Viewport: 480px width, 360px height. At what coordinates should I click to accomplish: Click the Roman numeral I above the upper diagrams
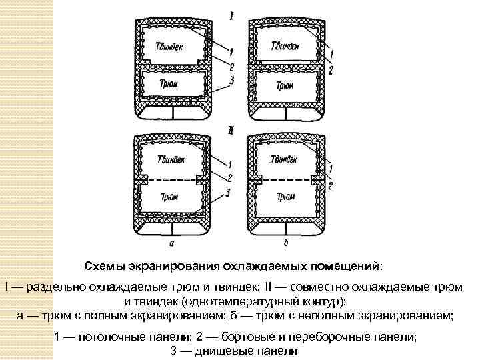tap(231, 14)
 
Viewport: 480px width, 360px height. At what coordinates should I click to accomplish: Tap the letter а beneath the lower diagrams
tap(173, 243)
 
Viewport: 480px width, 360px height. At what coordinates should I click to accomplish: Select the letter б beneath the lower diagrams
tap(286, 243)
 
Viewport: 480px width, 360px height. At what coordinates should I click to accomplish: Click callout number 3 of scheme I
tap(230, 81)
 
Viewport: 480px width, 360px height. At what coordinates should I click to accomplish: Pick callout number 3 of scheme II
tap(229, 193)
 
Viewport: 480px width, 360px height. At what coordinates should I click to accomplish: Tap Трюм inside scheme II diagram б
tap(285, 197)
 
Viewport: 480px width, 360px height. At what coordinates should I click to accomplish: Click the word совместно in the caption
tap(322, 287)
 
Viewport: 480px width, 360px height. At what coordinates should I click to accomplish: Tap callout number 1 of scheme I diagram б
tap(331, 52)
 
